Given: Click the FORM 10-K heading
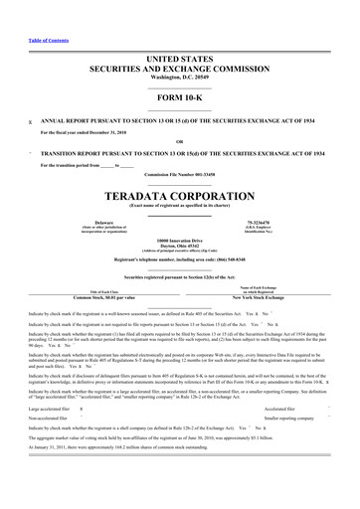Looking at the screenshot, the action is point(179,83).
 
